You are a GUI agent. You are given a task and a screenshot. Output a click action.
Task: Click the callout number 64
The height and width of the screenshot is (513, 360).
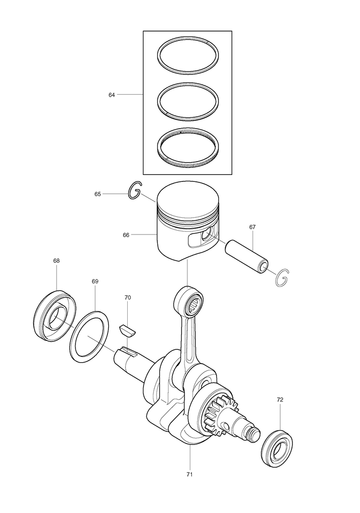tap(111, 95)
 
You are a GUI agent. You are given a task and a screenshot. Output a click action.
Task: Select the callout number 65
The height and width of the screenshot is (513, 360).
tap(98, 194)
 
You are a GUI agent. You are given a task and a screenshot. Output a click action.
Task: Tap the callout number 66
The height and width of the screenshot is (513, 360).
tap(126, 235)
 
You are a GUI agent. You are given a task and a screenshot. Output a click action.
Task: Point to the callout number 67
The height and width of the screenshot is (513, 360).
tap(252, 227)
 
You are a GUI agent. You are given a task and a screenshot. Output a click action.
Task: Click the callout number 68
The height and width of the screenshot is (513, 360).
tap(56, 261)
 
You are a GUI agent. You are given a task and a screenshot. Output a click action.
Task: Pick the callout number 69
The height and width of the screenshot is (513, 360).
tap(95, 281)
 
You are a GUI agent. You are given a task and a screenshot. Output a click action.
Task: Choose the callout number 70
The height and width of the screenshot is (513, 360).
tap(128, 297)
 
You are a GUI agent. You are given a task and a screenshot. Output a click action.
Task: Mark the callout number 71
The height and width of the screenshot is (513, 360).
tap(189, 475)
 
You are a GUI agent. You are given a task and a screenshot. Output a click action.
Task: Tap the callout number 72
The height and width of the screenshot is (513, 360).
tap(280, 400)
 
